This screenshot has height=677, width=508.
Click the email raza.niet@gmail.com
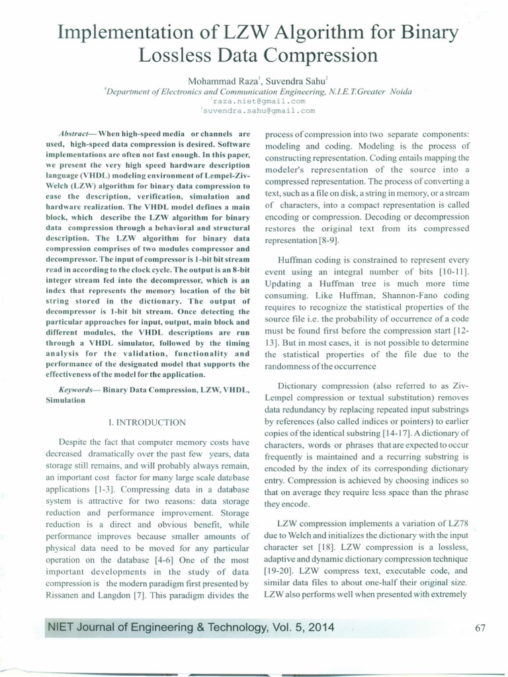(259, 101)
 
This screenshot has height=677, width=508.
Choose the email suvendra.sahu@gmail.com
(259, 111)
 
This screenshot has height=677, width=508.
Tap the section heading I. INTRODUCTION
(147, 422)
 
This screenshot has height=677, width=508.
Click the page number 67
(481, 628)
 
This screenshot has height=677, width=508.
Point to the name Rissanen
(65, 595)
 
